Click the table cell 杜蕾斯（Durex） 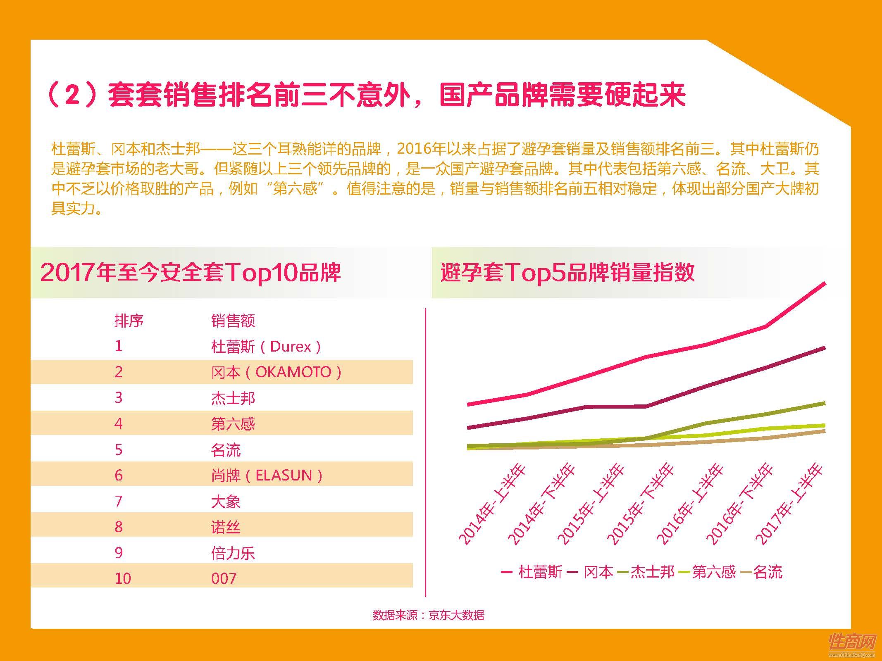click(x=266, y=346)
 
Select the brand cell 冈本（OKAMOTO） click(x=277, y=372)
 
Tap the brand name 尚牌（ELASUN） click(x=267, y=476)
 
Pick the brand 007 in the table click(x=224, y=578)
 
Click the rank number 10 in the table click(x=123, y=578)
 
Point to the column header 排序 click(x=129, y=321)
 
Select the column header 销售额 click(x=233, y=321)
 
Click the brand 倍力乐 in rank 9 click(x=233, y=553)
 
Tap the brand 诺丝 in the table click(x=226, y=527)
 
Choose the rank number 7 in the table click(x=119, y=501)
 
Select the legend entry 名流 click(x=761, y=572)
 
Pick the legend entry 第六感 click(x=707, y=572)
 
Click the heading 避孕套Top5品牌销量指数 click(x=567, y=273)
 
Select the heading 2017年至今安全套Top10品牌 click(x=191, y=273)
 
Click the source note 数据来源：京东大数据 click(x=428, y=615)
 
